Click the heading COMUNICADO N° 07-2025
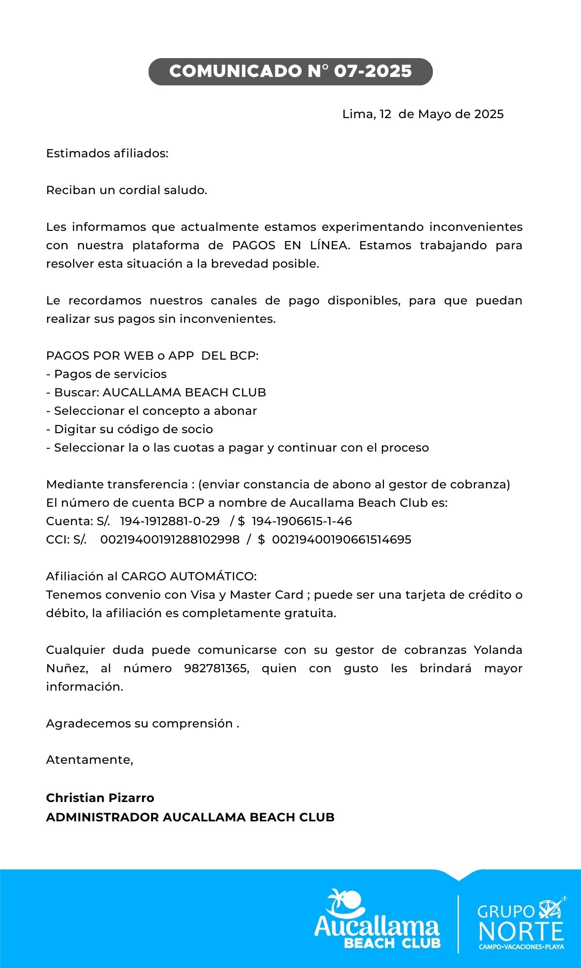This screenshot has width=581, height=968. tap(290, 72)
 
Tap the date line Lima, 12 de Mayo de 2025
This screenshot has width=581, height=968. tap(423, 114)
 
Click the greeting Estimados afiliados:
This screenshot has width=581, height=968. tap(107, 153)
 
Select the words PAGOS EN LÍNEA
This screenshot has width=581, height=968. tap(290, 245)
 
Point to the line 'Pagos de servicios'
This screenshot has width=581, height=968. tap(110, 374)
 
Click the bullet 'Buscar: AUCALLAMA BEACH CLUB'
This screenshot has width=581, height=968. tap(160, 393)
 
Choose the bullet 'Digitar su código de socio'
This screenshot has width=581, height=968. tap(133, 429)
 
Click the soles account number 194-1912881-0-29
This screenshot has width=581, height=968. tap(169, 521)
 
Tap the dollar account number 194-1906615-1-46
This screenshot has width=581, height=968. tap(302, 521)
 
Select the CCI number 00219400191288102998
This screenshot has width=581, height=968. tap(169, 540)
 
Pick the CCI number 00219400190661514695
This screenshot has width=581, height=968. tap(342, 540)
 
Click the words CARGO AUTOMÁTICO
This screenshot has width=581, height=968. tap(188, 576)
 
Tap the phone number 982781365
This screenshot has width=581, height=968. tap(216, 668)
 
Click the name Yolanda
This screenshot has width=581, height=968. tap(498, 650)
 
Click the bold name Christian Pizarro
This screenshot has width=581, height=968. tap(100, 798)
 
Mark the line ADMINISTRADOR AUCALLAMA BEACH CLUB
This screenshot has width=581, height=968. tap(190, 817)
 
